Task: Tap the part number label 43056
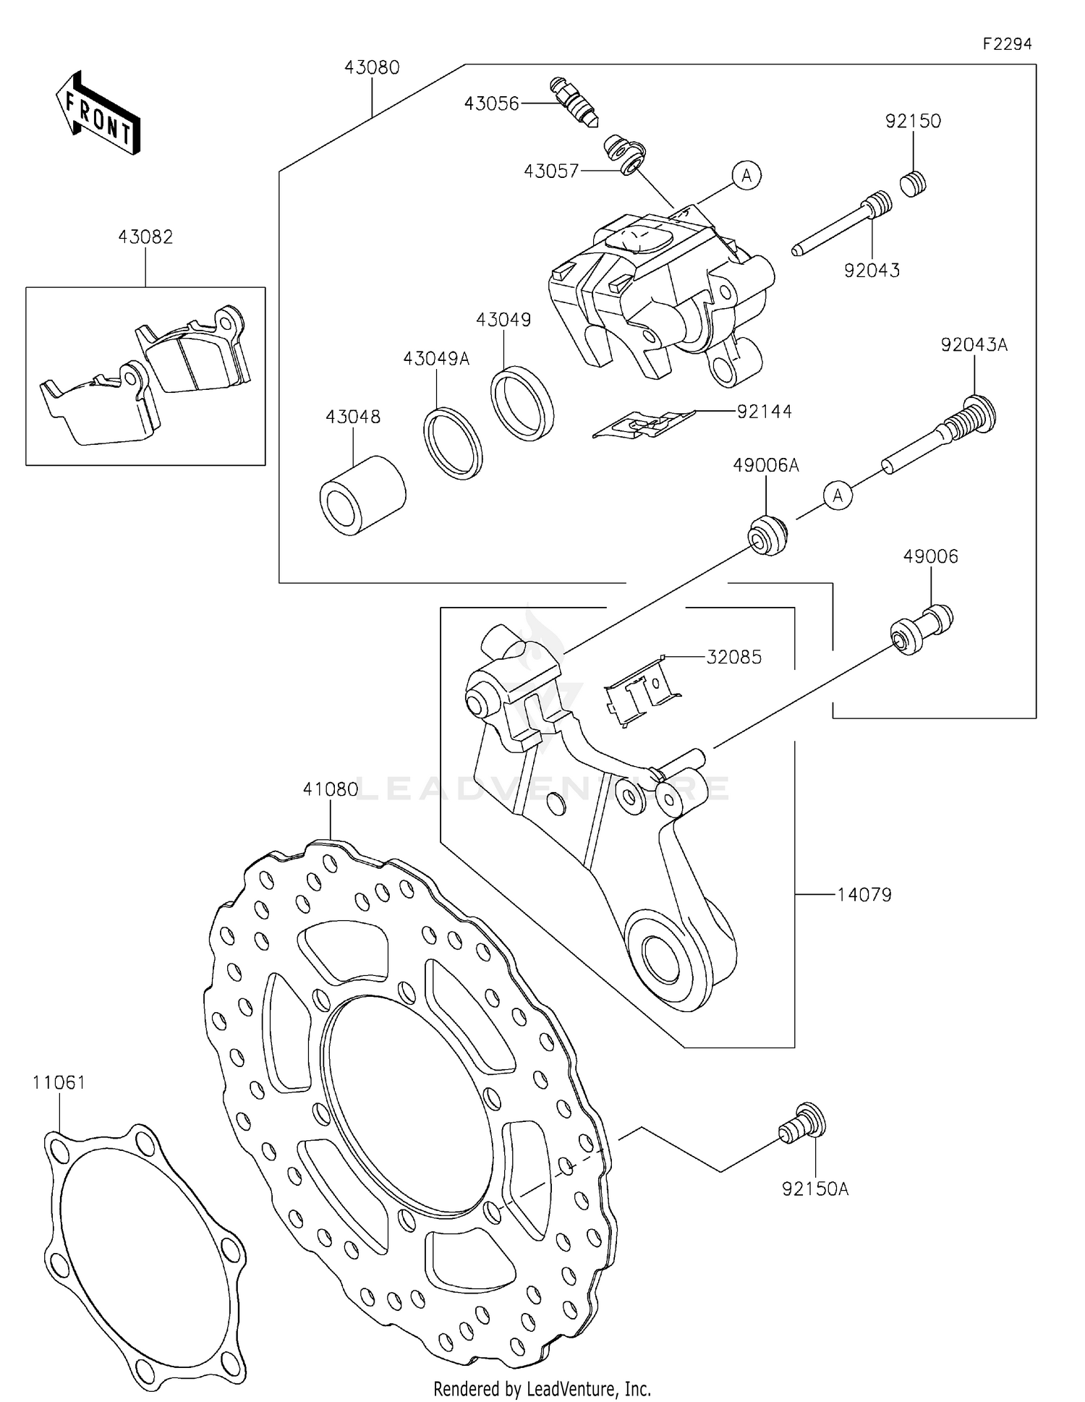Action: tap(491, 104)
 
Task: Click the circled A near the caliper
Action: tap(746, 175)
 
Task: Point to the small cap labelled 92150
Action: tap(914, 184)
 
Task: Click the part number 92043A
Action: tap(974, 345)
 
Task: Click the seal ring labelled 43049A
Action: tap(453, 443)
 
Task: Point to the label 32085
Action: tap(734, 657)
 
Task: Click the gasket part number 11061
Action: tap(59, 1083)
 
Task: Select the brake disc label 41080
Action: tap(331, 789)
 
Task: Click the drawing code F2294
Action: tap(1007, 43)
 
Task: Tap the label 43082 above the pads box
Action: tap(145, 237)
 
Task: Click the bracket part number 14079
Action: tap(864, 895)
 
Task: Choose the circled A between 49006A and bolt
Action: tap(838, 496)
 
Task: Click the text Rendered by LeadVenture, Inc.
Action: tap(542, 1388)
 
